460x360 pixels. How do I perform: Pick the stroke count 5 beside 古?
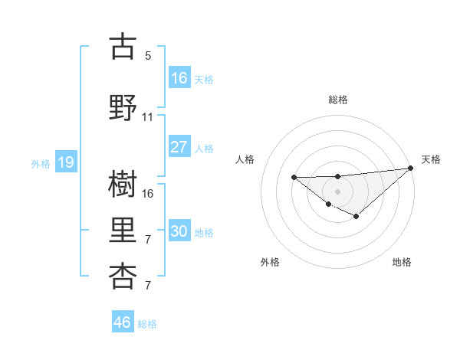148,56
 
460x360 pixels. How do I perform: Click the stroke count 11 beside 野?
148,117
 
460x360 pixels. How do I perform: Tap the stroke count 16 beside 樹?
148,194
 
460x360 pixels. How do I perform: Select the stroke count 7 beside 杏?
148,286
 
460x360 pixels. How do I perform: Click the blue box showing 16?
179,77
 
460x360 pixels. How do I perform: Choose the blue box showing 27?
179,147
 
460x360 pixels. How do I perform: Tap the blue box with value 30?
179,231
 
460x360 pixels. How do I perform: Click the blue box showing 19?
65,162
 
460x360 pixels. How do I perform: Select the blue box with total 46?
123,322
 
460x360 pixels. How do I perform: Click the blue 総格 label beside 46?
147,324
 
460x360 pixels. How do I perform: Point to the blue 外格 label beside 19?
41,164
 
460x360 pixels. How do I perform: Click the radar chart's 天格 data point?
411,168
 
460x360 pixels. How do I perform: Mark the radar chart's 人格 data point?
294,178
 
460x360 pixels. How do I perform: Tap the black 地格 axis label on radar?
402,262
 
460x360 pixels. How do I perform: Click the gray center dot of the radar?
337,190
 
